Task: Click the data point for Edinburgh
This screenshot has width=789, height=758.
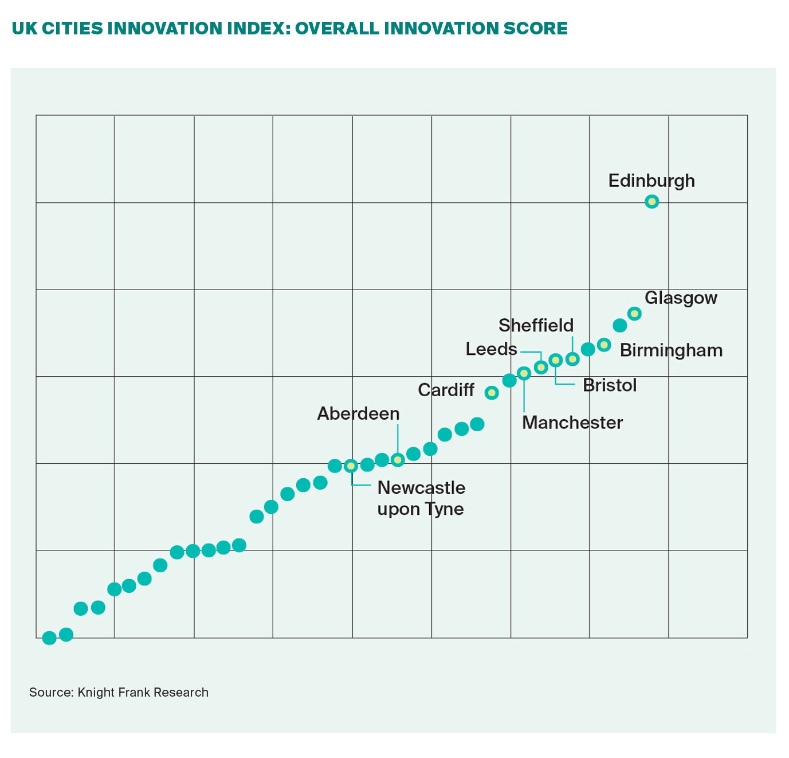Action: pos(651,201)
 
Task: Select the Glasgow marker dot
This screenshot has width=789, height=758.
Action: pos(634,313)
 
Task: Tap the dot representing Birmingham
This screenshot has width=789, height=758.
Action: pos(604,345)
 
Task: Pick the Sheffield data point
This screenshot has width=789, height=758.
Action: pos(572,359)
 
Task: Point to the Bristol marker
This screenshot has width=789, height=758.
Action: pos(555,360)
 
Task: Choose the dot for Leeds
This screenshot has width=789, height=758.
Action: pos(541,367)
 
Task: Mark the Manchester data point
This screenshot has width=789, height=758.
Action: pos(524,373)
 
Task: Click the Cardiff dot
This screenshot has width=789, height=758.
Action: pos(492,393)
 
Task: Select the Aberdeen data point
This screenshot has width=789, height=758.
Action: pos(398,460)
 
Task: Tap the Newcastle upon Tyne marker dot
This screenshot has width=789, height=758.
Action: pos(351,466)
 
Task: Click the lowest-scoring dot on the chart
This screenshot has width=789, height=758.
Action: pos(49,638)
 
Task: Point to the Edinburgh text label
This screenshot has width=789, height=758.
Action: pos(651,181)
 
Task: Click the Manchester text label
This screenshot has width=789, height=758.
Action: pos(572,423)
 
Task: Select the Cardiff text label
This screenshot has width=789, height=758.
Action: pos(446,390)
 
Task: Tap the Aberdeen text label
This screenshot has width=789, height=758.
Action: pos(358,413)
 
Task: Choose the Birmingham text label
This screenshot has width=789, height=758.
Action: pos(671,350)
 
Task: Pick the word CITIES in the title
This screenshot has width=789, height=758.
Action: pos(72,28)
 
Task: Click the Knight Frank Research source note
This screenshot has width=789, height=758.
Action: pos(119,692)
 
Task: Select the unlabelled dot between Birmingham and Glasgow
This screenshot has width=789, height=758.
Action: pos(620,326)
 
